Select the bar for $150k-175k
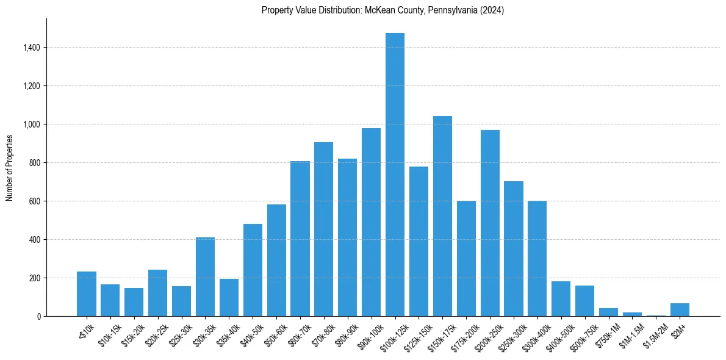(442, 216)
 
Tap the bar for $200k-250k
(490, 223)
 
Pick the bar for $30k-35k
(205, 277)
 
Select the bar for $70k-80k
(323, 229)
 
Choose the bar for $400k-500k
(561, 299)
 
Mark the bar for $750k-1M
(608, 312)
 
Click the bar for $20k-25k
(157, 293)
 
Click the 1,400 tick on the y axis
(32, 48)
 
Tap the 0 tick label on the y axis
(38, 317)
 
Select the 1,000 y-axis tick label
(32, 124)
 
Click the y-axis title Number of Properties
(10, 168)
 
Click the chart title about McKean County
(383, 10)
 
